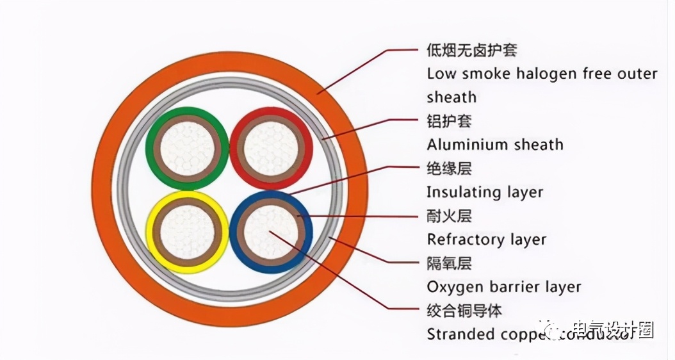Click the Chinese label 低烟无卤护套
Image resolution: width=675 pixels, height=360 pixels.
pyautogui.click(x=471, y=49)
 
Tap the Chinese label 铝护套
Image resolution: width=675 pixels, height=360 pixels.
pyautogui.click(x=448, y=120)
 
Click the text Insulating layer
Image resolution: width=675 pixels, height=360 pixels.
pyautogui.click(x=485, y=192)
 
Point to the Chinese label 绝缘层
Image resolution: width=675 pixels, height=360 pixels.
pyautogui.click(x=448, y=168)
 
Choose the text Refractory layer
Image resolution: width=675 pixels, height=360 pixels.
pyautogui.click(x=486, y=240)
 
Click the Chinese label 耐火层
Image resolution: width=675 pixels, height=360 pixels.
pyautogui.click(x=448, y=216)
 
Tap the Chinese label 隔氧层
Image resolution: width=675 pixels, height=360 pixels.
pyautogui.click(x=448, y=263)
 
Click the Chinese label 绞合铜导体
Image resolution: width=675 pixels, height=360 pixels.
pyautogui.click(x=464, y=311)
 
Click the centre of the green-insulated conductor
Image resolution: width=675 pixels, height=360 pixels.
pyautogui.click(x=186, y=148)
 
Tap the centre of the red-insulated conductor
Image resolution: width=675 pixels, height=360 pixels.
pyautogui.click(x=271, y=148)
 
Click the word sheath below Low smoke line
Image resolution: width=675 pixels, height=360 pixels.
pyautogui.click(x=451, y=97)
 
